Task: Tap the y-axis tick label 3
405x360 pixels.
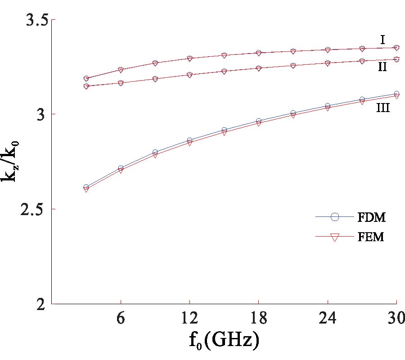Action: [x=39, y=115]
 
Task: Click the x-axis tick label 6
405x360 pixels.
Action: [x=121, y=318]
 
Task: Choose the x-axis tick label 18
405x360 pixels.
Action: [x=259, y=318]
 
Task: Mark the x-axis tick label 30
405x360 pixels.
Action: [x=396, y=318]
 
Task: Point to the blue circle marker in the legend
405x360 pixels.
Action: [x=334, y=217]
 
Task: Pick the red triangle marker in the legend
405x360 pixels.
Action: [x=334, y=237]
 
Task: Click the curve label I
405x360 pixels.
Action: [x=382, y=40]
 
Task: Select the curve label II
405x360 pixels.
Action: [x=382, y=67]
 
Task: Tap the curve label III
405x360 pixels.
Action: [x=383, y=108]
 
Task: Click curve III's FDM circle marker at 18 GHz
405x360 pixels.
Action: [x=259, y=121]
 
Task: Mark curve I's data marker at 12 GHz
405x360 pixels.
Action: [x=189, y=58]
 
